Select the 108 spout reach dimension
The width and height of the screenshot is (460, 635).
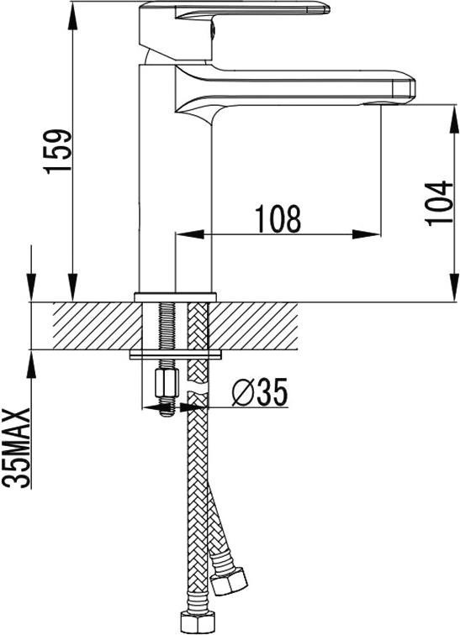[x=278, y=218]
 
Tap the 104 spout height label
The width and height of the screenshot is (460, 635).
[x=439, y=203]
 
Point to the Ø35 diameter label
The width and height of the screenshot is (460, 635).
[x=260, y=391]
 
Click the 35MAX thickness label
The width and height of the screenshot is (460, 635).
[x=17, y=448]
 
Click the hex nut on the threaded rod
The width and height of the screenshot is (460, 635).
[x=167, y=383]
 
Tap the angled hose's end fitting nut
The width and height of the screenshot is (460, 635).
[x=230, y=581]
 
